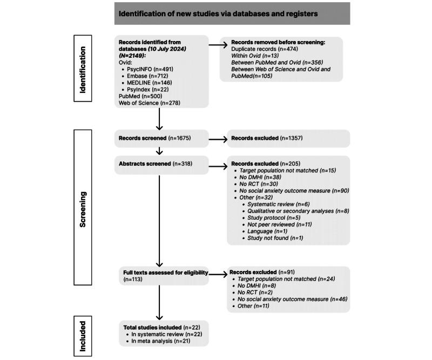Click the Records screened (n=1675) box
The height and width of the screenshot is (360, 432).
click(x=159, y=138)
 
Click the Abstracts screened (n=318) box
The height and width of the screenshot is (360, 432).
click(x=159, y=164)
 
